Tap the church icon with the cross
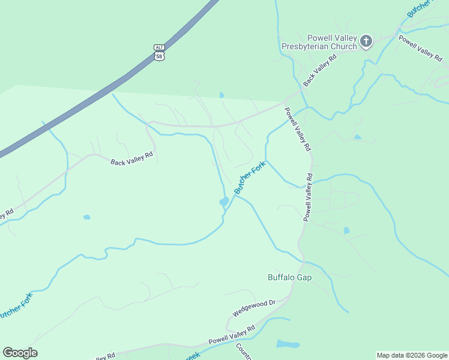(x=366, y=41)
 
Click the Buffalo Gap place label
(x=289, y=277)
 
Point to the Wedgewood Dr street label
(x=253, y=308)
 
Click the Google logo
(x=20, y=353)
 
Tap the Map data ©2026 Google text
(x=412, y=355)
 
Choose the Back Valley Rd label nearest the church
(x=320, y=70)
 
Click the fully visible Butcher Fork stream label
(x=249, y=179)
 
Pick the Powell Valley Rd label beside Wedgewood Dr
(x=232, y=335)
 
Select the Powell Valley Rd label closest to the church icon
(x=420, y=49)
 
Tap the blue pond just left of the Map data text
(x=288, y=344)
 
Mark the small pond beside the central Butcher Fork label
(x=224, y=202)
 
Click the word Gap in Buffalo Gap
(x=304, y=277)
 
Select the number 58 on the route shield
(x=158, y=56)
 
